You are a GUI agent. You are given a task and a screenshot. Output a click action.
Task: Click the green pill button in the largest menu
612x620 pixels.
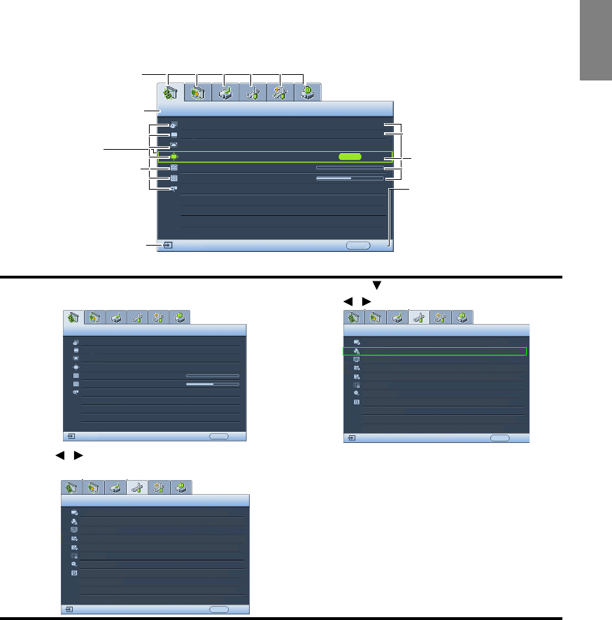[x=350, y=157]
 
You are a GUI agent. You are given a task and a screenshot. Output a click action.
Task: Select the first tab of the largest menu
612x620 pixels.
[x=171, y=92]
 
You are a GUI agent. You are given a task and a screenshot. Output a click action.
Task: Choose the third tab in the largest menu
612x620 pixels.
[x=225, y=92]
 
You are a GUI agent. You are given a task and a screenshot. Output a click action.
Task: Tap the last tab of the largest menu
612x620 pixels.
[x=308, y=92]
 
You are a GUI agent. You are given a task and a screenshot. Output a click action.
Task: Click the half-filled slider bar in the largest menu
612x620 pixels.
[x=350, y=178]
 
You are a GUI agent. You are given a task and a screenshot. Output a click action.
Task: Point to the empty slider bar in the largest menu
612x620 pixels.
[x=350, y=168]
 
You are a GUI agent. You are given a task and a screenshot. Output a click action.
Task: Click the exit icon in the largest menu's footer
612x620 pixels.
[x=169, y=246]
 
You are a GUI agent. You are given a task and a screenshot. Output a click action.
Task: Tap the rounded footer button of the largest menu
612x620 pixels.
[x=359, y=246]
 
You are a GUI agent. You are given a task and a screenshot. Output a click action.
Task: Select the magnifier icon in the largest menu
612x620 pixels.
[x=173, y=189]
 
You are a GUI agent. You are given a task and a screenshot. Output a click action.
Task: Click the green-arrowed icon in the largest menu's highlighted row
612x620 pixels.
[x=173, y=157]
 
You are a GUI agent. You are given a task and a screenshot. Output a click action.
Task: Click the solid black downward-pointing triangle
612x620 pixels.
[x=376, y=286]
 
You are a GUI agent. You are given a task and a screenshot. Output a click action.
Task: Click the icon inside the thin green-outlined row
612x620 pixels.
[x=357, y=351]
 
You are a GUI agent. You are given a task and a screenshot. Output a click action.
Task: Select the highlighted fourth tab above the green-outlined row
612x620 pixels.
[x=420, y=317]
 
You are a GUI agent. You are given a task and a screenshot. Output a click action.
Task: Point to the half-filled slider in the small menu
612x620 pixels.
[x=212, y=383]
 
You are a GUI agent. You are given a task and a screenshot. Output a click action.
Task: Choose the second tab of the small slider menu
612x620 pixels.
[x=94, y=317]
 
